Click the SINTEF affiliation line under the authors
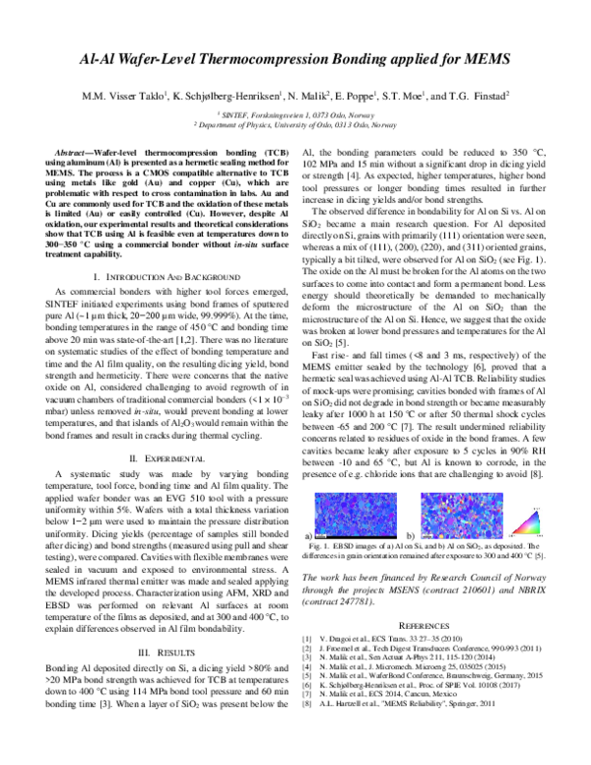295,114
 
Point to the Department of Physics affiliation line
295,125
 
